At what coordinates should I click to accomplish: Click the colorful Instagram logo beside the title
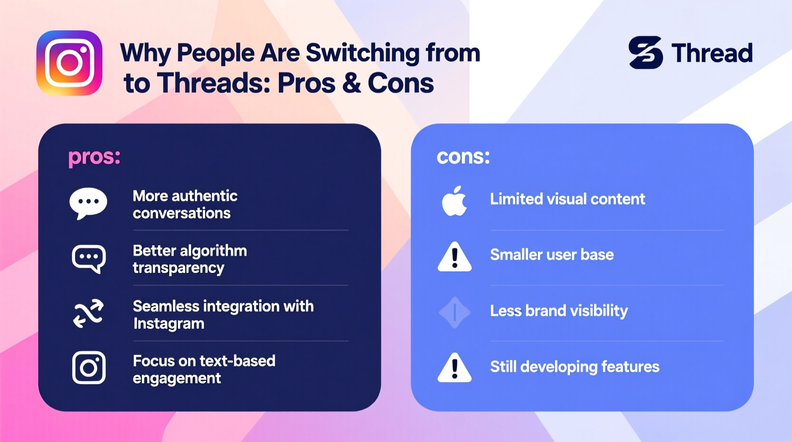[x=69, y=63]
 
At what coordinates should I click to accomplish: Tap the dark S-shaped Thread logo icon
[x=645, y=52]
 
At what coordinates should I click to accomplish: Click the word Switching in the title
[x=363, y=53]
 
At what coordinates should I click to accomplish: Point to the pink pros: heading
[x=94, y=157]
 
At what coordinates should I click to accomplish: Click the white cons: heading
[x=463, y=157]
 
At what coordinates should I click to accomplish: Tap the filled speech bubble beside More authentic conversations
[x=88, y=203]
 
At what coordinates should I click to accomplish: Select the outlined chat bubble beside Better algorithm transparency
[x=89, y=259]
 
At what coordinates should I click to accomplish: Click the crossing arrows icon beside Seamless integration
[x=89, y=313]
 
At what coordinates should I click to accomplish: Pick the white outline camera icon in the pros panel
[x=89, y=367]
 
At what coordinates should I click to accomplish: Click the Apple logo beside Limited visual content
[x=454, y=201]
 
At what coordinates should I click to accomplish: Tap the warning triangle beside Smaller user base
[x=455, y=257]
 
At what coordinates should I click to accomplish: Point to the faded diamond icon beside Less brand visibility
[x=455, y=312]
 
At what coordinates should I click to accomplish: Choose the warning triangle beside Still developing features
[x=455, y=368]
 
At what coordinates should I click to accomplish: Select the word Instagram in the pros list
[x=168, y=323]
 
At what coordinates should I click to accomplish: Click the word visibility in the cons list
[x=599, y=311]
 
